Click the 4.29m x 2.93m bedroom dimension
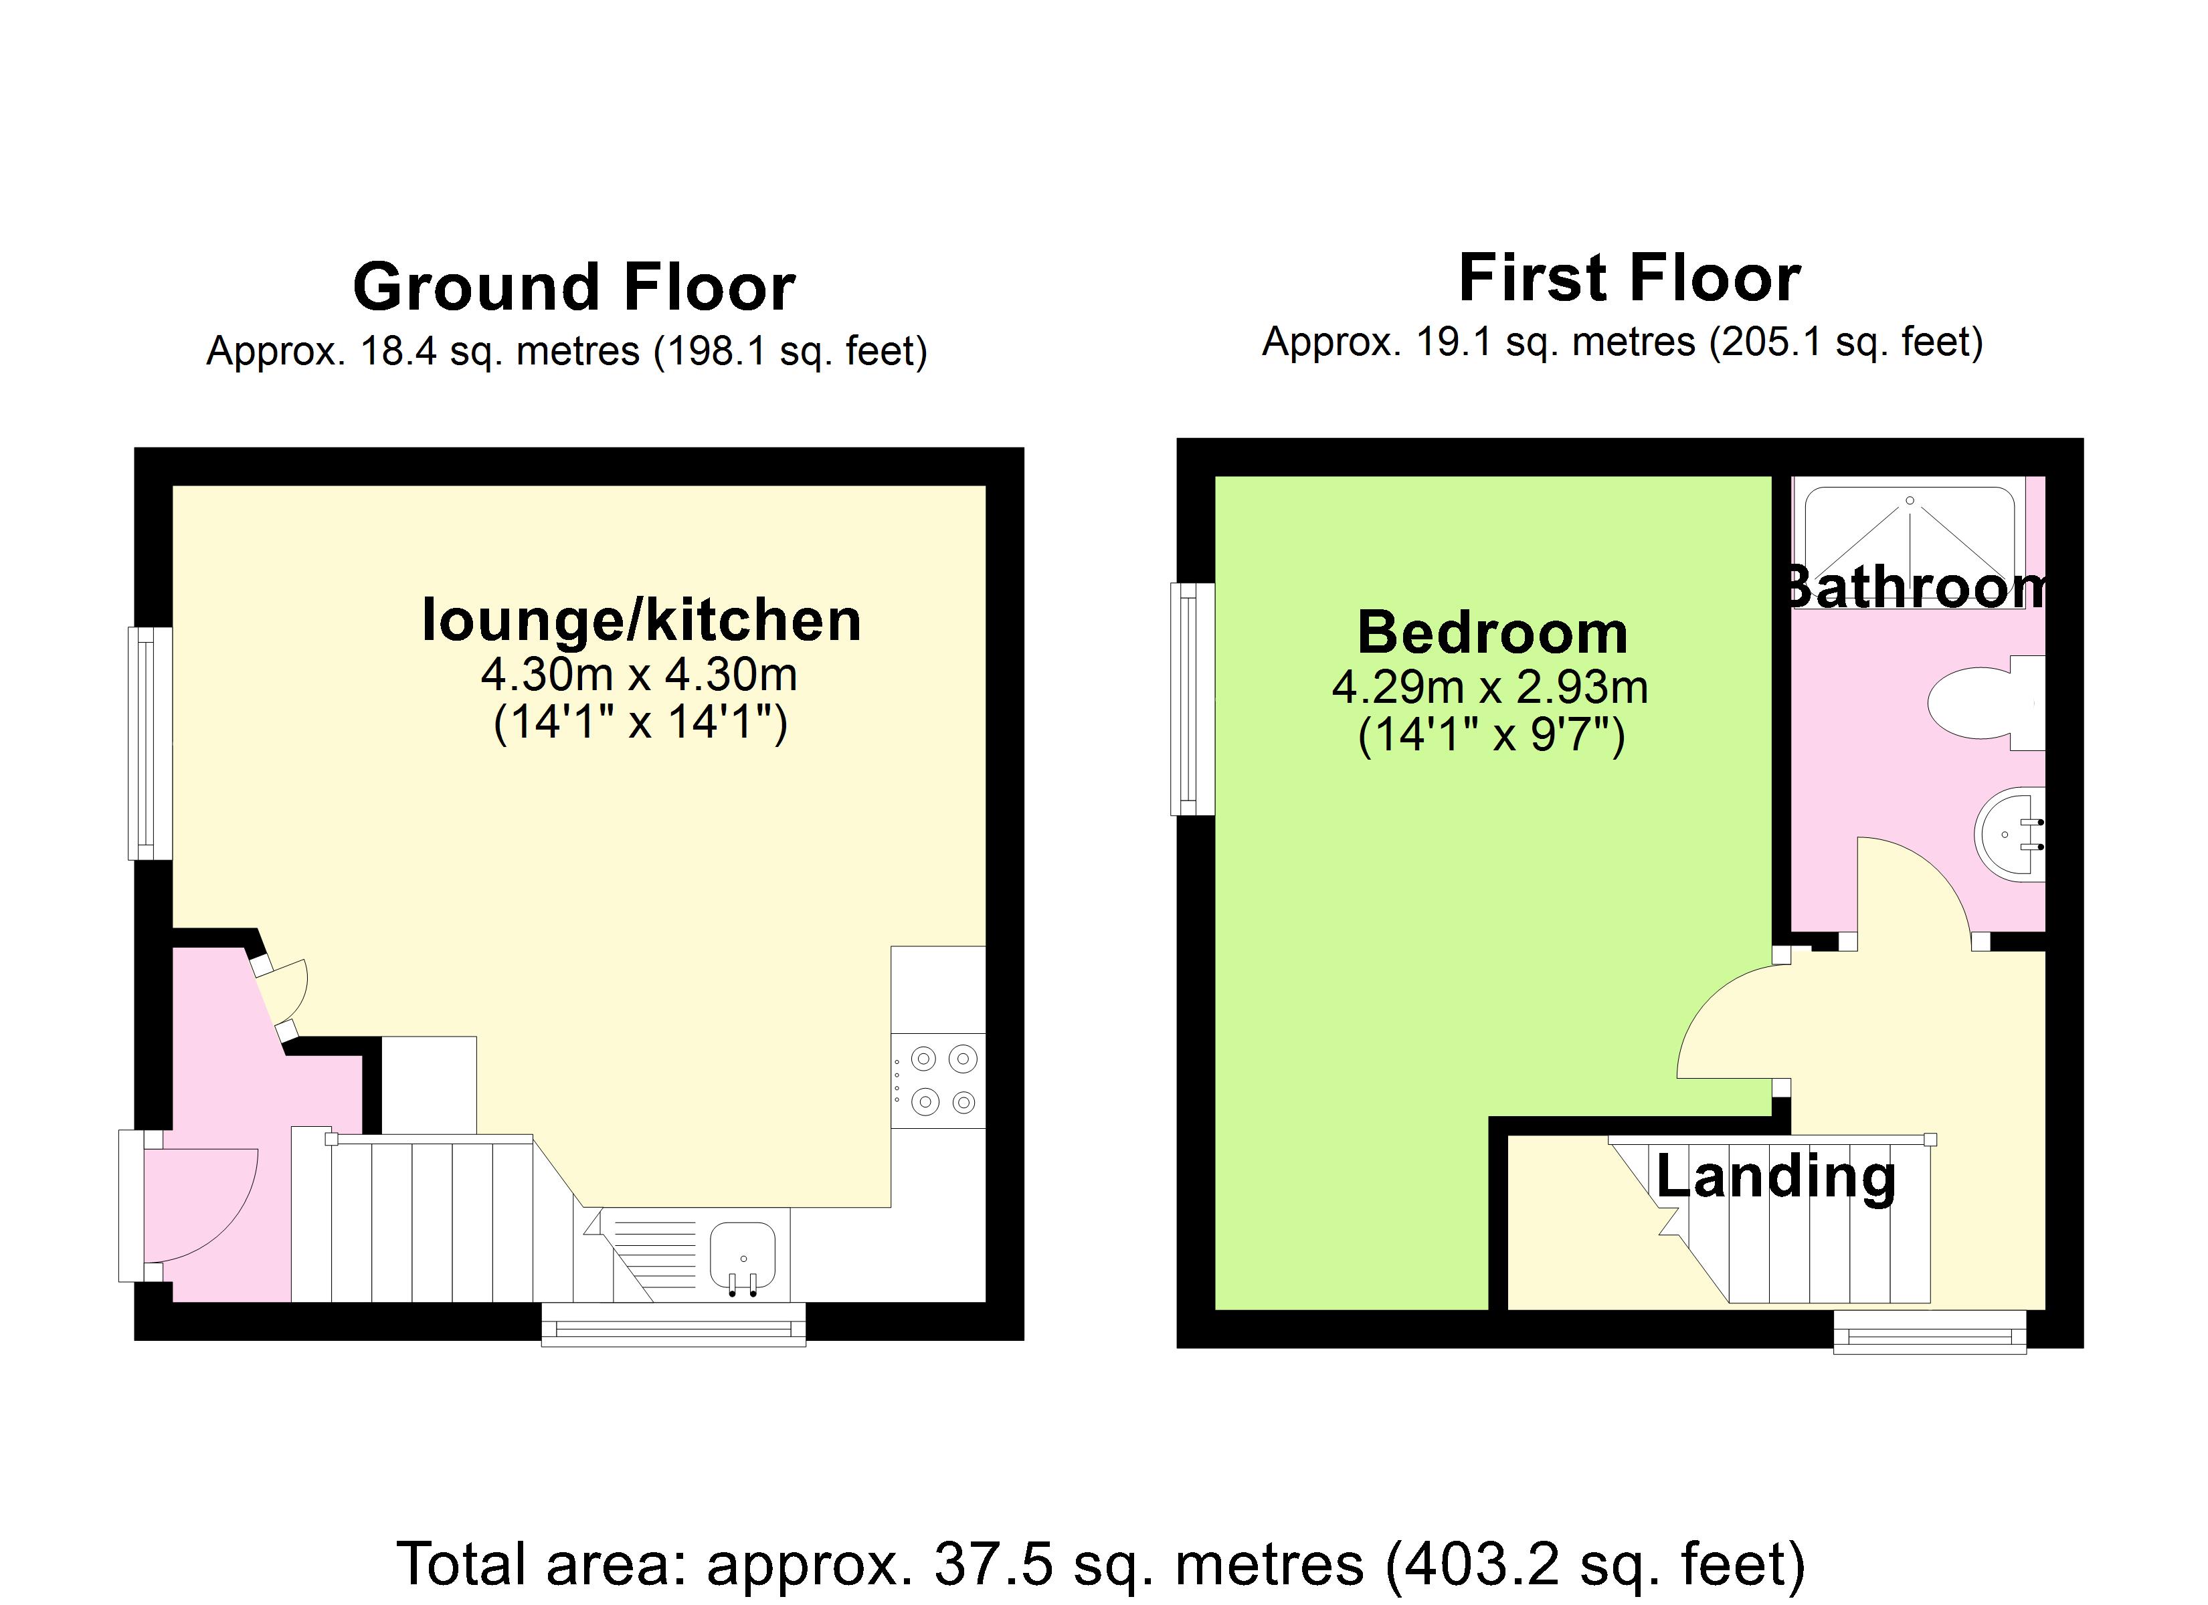[1489, 688]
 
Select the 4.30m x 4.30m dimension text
[638, 675]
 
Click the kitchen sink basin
[742, 1254]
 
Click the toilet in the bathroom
[1976, 702]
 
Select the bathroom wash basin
[2011, 834]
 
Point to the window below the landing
[1930, 1332]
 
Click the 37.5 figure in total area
[993, 1564]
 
